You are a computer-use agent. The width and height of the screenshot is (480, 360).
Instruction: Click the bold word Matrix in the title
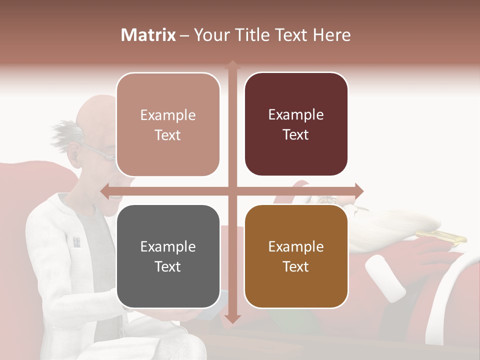148,35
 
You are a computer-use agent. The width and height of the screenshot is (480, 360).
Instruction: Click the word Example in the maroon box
296,115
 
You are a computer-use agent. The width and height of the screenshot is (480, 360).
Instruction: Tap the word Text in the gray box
168,266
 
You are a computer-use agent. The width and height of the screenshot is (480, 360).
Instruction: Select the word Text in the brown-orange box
296,266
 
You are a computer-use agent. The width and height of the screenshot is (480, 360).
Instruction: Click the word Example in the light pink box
168,115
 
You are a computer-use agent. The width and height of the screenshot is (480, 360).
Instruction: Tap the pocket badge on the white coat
76,243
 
